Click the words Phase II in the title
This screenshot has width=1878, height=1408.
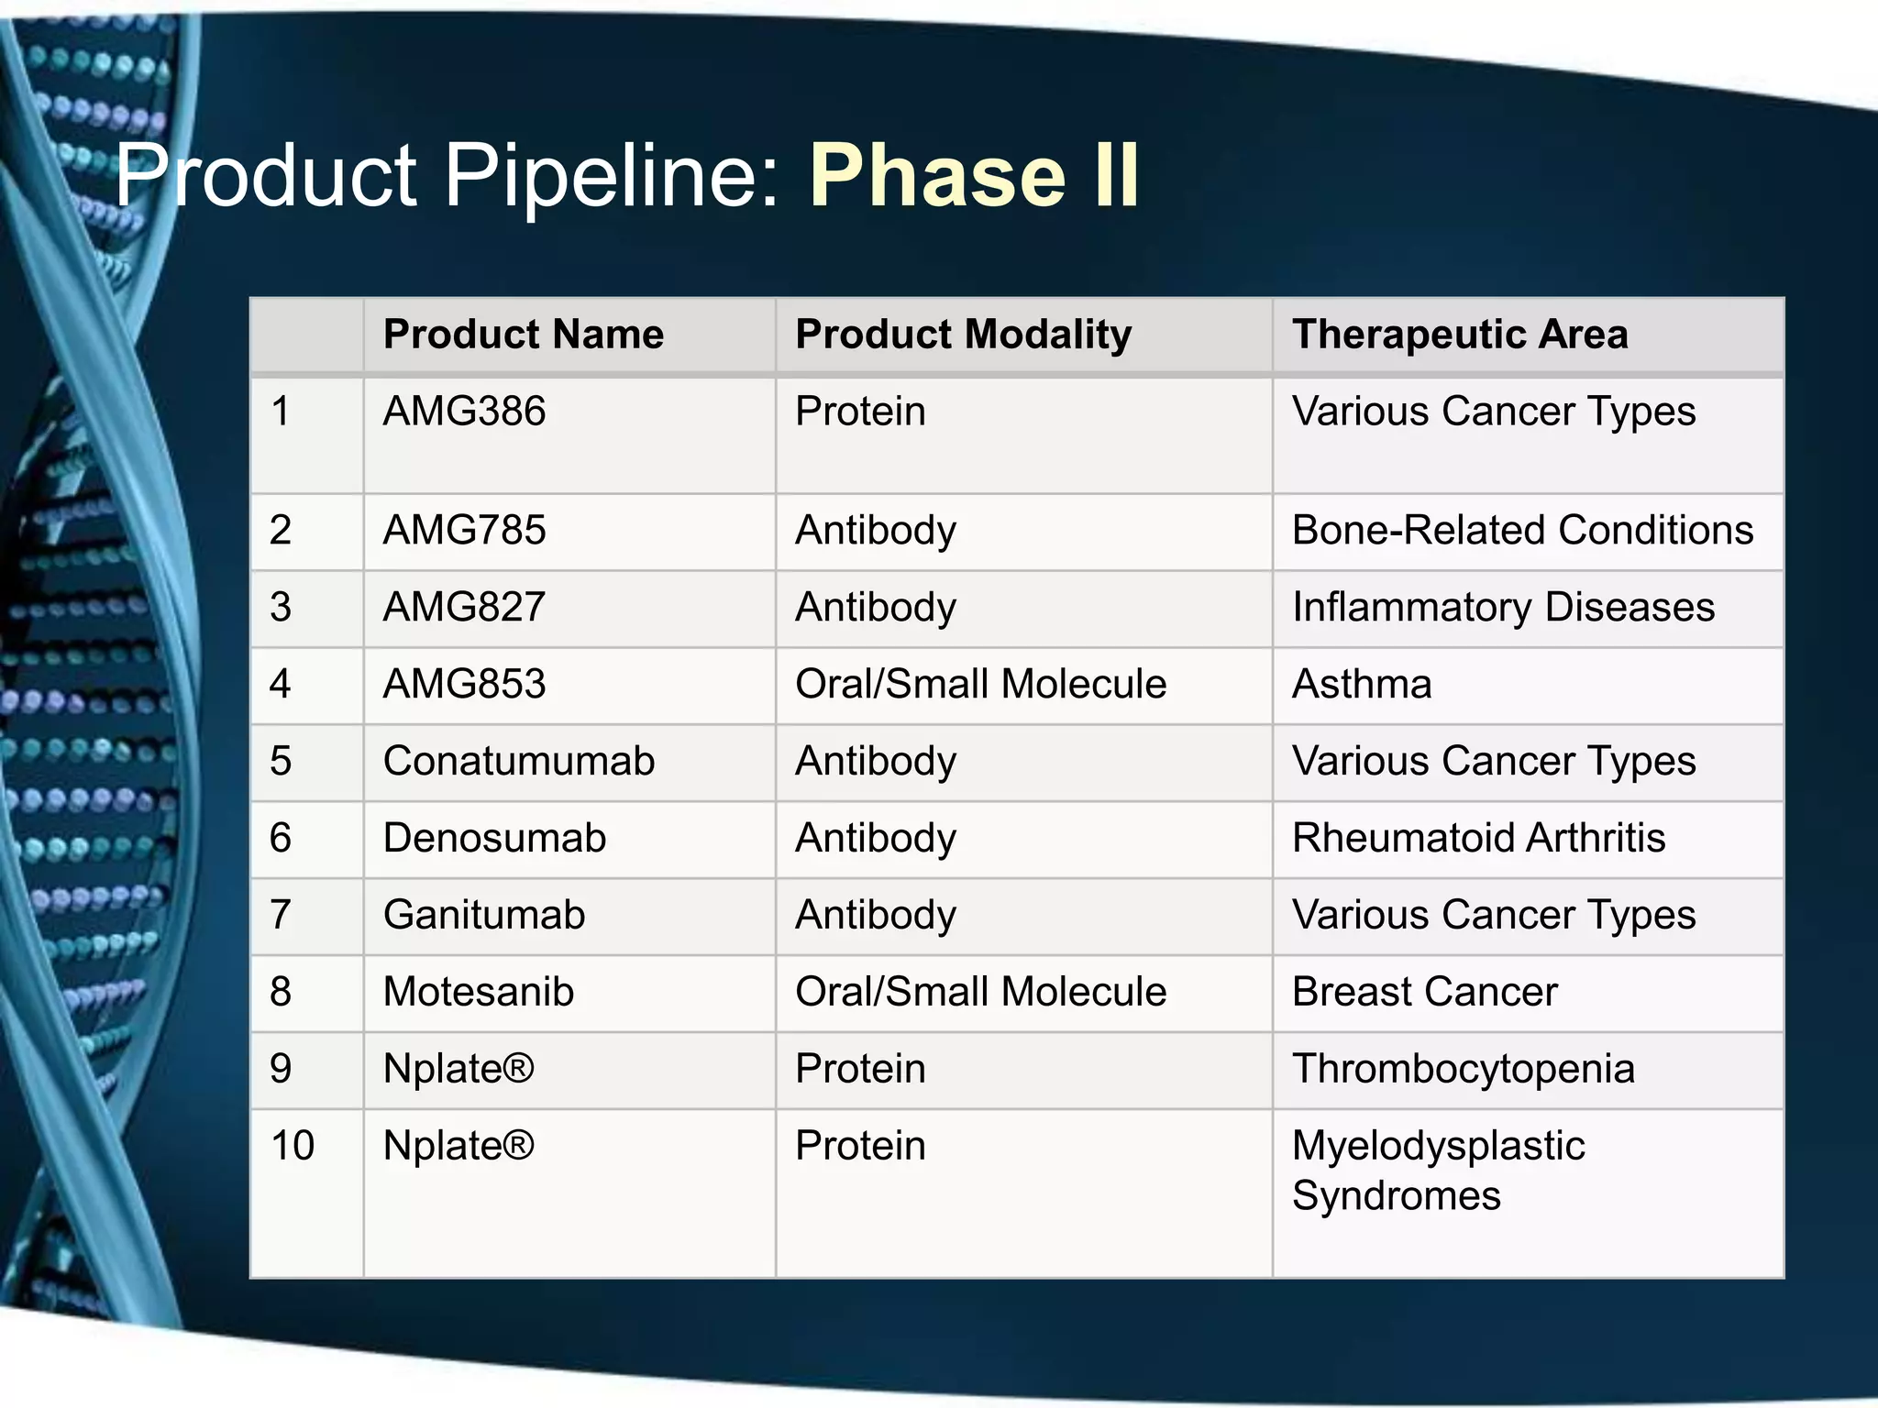pos(974,175)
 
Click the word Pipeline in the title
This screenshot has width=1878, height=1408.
pos(611,175)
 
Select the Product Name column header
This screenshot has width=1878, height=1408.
pos(523,334)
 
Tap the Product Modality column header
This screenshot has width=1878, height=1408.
pos(963,334)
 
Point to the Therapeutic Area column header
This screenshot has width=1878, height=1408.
pos(1460,334)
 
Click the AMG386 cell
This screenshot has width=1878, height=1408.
pos(464,411)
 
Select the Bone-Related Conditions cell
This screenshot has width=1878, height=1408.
pos(1522,530)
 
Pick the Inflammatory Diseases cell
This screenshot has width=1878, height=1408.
pos(1503,607)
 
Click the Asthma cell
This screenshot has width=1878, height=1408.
pos(1362,684)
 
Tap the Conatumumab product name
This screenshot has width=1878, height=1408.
pos(519,761)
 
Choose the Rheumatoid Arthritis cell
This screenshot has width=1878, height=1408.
pos(1478,838)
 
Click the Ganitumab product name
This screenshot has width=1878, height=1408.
pos(484,915)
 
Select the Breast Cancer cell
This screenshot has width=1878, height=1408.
pos(1424,992)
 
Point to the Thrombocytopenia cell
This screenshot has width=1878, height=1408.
pos(1463,1069)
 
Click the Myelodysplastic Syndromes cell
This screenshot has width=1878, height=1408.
pos(1438,1171)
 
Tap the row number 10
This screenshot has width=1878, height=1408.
pos(293,1146)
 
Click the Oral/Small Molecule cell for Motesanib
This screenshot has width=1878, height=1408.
pos(980,992)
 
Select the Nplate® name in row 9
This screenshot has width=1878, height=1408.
pos(458,1069)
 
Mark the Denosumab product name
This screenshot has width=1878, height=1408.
pos(494,838)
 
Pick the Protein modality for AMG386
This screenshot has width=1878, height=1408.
pos(860,411)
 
